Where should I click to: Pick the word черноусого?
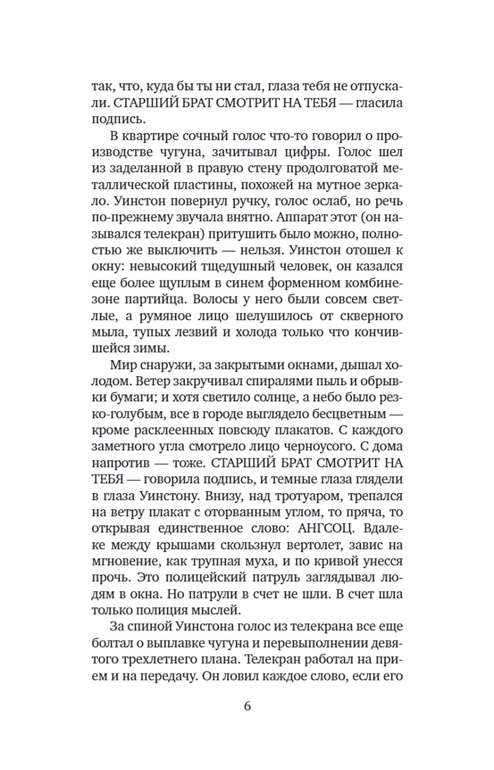pos(319,447)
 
